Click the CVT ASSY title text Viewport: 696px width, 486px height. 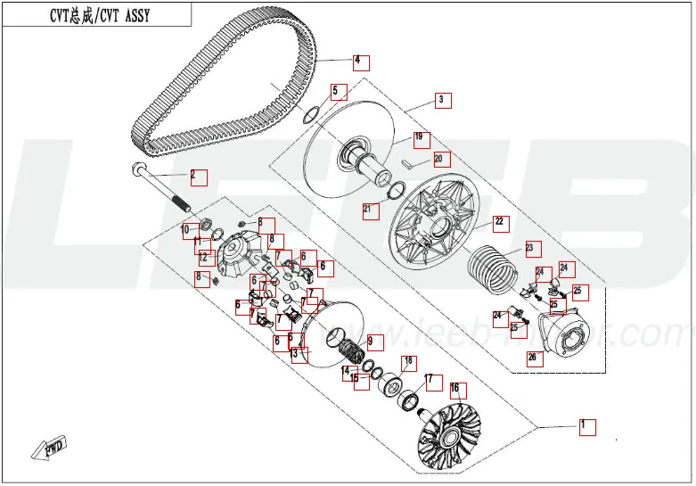pyautogui.click(x=96, y=15)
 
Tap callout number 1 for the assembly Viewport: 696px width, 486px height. pyautogui.click(x=586, y=425)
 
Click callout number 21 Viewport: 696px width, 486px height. pyautogui.click(x=369, y=211)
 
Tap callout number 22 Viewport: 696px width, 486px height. pyautogui.click(x=500, y=222)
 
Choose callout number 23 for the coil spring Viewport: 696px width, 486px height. pyautogui.click(x=530, y=249)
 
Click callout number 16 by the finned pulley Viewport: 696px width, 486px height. pyautogui.click(x=456, y=390)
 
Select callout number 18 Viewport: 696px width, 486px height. pyautogui.click(x=409, y=362)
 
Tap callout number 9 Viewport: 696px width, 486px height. pyautogui.click(x=373, y=342)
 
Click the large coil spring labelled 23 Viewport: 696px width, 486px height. pyautogui.click(x=492, y=265)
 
